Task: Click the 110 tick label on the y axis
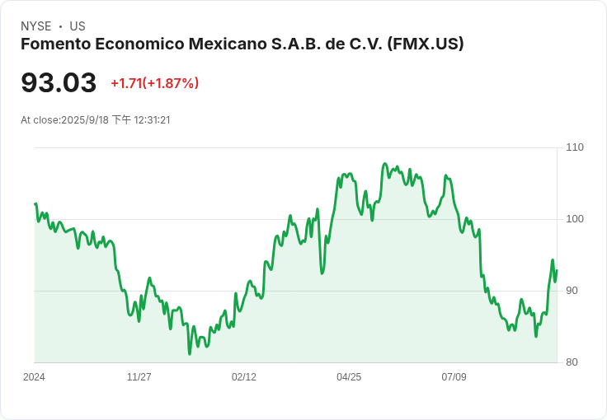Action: coord(575,147)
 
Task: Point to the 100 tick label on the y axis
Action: coord(575,219)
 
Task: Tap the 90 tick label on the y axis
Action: coord(572,291)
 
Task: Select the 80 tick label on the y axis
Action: coord(572,362)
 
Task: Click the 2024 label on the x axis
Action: coord(34,377)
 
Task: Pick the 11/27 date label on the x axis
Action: coord(139,377)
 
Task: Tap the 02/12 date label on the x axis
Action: coord(244,377)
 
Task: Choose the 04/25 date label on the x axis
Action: coord(349,377)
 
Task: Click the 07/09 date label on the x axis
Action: coord(454,377)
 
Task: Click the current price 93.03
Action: coord(59,82)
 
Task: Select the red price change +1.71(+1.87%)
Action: coord(155,83)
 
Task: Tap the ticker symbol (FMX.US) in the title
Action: coord(426,44)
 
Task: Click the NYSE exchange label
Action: coord(36,26)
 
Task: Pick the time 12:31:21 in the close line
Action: coord(152,120)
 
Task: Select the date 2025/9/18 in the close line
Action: coord(85,120)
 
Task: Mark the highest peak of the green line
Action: coord(385,163)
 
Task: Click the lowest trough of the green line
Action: coord(190,354)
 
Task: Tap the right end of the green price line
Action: coord(557,270)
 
